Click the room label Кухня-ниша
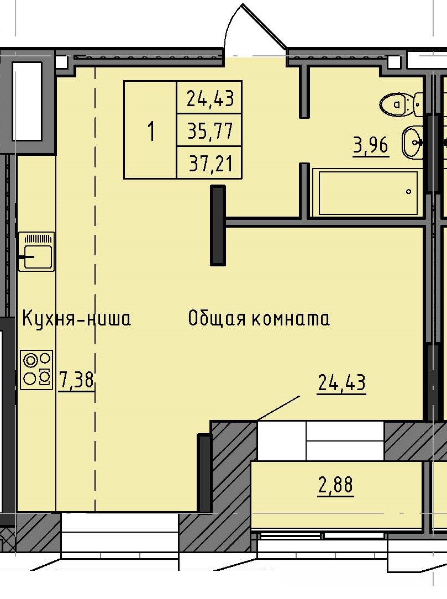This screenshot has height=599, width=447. click(x=76, y=319)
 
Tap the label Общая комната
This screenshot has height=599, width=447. click(x=259, y=319)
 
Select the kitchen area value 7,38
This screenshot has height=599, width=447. click(x=77, y=381)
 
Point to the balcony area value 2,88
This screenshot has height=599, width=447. click(x=335, y=486)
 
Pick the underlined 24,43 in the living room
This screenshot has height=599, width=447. click(x=341, y=382)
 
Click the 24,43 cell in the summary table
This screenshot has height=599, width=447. click(x=209, y=98)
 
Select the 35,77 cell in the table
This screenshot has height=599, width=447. click(x=209, y=131)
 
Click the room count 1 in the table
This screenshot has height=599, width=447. click(x=150, y=131)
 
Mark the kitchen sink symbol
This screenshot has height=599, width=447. click(x=36, y=252)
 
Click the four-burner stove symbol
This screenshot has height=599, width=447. click(x=37, y=370)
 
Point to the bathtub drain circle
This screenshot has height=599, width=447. click(x=408, y=192)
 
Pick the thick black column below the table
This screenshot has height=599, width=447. click(x=218, y=225)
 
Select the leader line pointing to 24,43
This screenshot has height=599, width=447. click(x=278, y=408)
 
